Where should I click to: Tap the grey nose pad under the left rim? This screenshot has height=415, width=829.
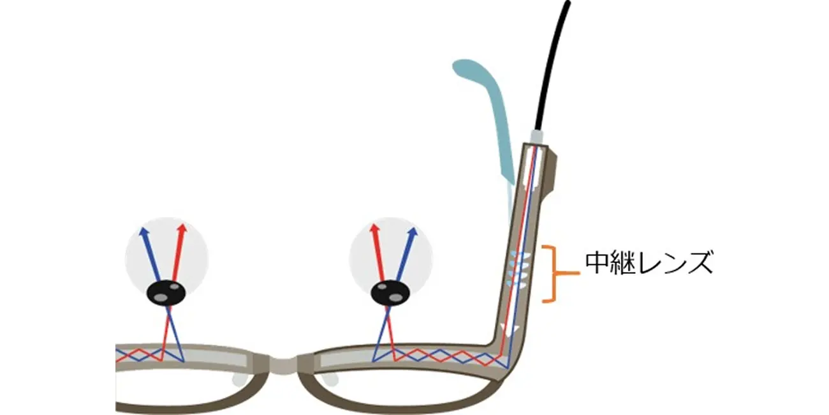[238, 379]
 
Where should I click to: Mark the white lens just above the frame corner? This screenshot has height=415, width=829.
[513, 329]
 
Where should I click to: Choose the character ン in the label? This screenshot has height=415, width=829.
[676, 263]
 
